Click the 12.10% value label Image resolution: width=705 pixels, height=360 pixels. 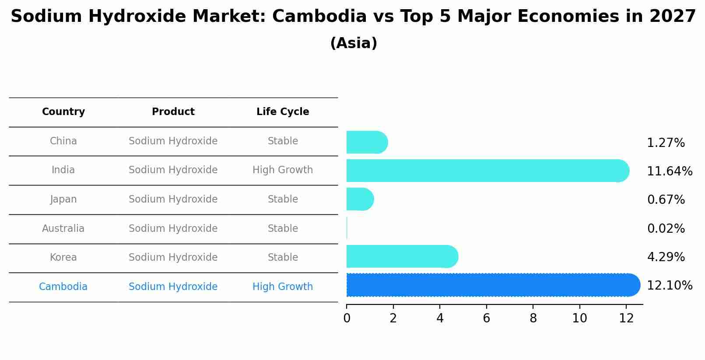[x=670, y=286]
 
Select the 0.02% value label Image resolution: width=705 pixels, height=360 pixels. [x=666, y=228]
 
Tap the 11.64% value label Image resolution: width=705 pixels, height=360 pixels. [x=670, y=171]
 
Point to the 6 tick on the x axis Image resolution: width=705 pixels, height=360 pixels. [x=486, y=318]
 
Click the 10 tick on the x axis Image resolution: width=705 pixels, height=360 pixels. [x=579, y=318]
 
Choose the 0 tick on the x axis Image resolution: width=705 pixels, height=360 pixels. [x=347, y=318]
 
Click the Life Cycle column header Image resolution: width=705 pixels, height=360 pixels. [x=283, y=112]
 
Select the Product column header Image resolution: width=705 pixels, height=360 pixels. [x=173, y=112]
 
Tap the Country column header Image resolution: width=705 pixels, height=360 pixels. [x=63, y=112]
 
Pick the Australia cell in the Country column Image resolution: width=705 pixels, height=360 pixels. [x=63, y=228]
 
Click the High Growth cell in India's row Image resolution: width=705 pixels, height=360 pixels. [x=283, y=170]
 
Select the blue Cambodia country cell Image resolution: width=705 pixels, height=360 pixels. [x=63, y=287]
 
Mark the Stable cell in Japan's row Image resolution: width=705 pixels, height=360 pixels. [x=283, y=199]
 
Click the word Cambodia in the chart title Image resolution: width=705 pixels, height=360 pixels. [x=319, y=17]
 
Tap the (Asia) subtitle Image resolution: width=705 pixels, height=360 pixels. [x=354, y=43]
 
